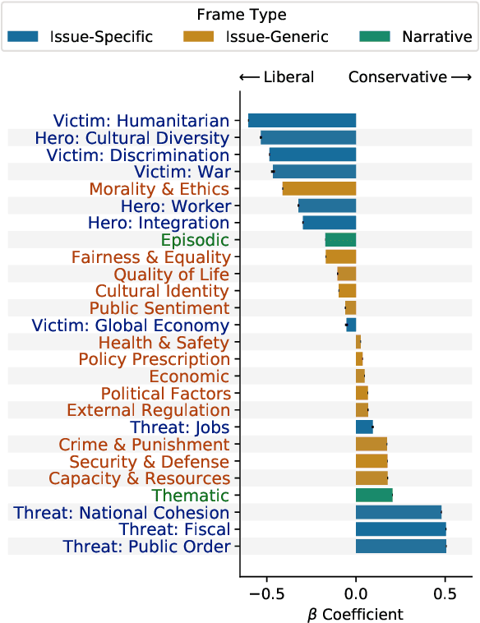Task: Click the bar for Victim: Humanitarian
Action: [302, 121]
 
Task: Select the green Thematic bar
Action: [374, 496]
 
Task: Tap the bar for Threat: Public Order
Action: [401, 547]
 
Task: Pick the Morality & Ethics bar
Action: [319, 189]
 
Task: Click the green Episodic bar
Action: [340, 240]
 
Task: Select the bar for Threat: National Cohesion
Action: [399, 513]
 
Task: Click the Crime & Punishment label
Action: [144, 445]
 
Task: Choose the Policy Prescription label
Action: [154, 359]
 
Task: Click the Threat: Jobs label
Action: [180, 427]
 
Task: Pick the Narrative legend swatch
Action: [376, 36]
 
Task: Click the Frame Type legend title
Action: [239, 14]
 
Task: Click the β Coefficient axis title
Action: [356, 613]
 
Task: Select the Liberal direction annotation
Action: [276, 77]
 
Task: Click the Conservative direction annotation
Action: [409, 77]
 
